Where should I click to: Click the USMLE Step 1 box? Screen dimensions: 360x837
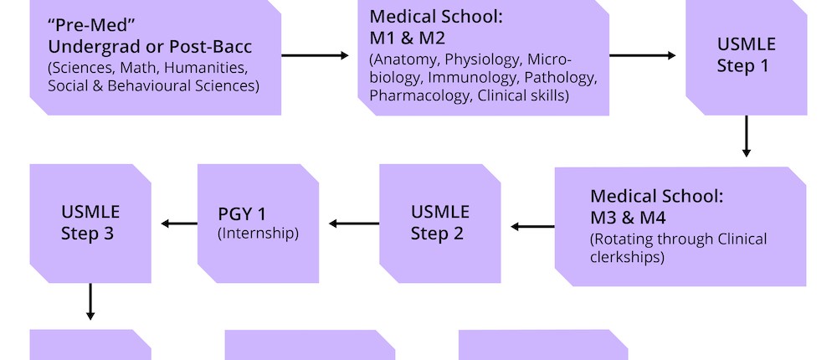tap(746, 55)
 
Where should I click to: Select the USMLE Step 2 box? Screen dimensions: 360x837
tap(439, 223)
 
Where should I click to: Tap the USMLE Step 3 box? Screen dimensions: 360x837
tap(90, 223)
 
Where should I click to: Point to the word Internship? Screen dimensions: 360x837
tap(258, 234)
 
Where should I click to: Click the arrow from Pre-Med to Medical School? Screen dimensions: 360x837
tap(315, 56)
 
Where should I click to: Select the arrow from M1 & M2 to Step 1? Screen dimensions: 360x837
tap(643, 56)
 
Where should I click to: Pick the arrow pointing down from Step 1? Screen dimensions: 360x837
tap(746, 136)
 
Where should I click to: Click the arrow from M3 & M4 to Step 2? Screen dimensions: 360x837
tap(532, 226)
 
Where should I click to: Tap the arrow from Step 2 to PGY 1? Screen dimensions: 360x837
tap(354, 224)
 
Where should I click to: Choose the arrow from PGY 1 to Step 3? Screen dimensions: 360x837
tap(178, 224)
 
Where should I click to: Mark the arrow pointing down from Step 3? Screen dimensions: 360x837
tap(90, 301)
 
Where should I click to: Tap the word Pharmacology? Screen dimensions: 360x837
tap(420, 96)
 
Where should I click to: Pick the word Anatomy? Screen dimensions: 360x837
tap(407, 59)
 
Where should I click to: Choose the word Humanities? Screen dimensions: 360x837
tap(205, 67)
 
